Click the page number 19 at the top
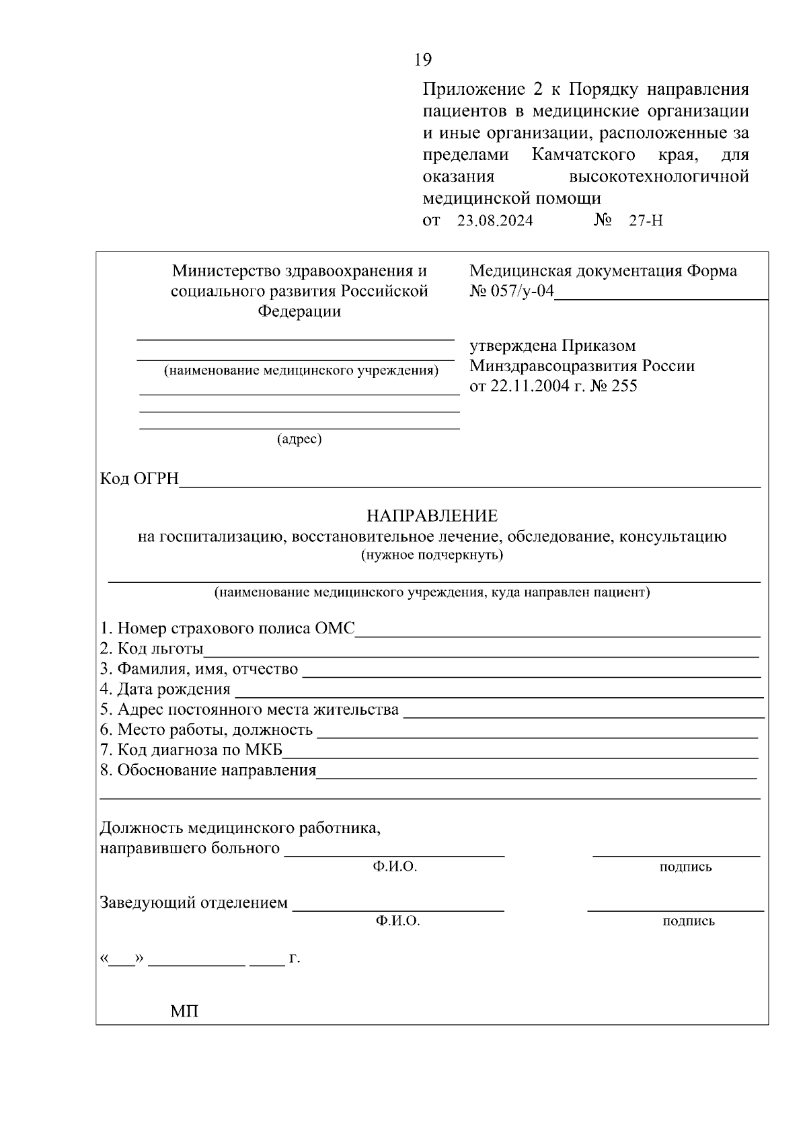[x=422, y=60]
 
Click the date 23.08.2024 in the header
[x=495, y=221]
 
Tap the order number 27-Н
[x=646, y=221]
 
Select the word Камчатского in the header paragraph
[x=584, y=155]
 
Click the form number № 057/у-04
[x=511, y=291]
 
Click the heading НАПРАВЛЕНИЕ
[x=432, y=516]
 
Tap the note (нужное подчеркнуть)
[x=432, y=555]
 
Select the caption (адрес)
[x=299, y=439]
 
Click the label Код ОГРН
[x=139, y=479]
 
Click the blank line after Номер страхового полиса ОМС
[x=558, y=631]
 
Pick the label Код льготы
[x=151, y=649]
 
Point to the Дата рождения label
[x=165, y=689]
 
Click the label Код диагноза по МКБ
[x=191, y=750]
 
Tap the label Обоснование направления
[x=208, y=770]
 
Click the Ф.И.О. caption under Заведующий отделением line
[x=398, y=921]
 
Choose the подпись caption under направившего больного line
[x=685, y=867]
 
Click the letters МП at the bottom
[x=184, y=1011]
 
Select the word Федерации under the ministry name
[x=299, y=311]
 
